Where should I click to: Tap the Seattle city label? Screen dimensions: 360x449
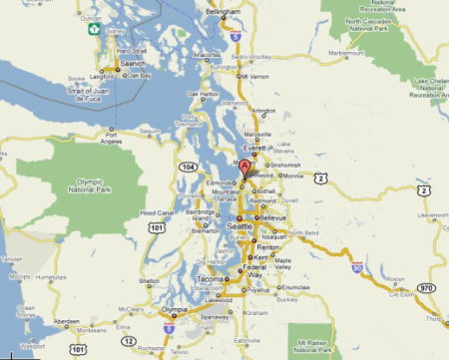[x=240, y=227]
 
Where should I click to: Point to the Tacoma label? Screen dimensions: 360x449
[x=208, y=279]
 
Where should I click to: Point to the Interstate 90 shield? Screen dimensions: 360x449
[x=356, y=269]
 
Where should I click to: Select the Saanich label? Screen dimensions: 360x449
[x=133, y=64]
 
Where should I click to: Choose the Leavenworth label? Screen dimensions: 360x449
[x=428, y=214]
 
